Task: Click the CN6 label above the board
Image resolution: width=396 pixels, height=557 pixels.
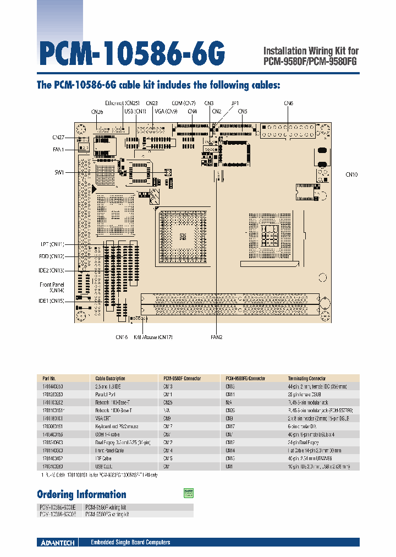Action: coord(289,103)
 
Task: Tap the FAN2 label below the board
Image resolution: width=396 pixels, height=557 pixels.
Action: coord(216,337)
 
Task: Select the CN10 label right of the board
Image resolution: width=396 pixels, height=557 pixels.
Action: coord(351,174)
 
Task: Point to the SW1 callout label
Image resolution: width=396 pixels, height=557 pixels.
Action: coord(59,172)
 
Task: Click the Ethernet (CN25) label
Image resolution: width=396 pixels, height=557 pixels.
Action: coord(123,103)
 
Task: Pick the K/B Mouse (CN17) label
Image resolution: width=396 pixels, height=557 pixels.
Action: coord(153,337)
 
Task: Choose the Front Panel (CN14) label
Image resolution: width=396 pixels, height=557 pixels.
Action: coord(52,287)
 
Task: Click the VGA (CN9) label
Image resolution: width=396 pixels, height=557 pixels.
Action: coord(166,111)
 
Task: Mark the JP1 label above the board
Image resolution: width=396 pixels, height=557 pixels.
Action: coord(235,103)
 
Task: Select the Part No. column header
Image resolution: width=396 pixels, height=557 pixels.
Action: coord(49,379)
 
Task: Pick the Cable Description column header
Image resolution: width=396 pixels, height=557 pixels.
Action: coord(110,379)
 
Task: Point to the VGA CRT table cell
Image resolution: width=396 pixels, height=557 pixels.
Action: coord(104,418)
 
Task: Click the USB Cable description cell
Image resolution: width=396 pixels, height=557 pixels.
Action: coord(105,466)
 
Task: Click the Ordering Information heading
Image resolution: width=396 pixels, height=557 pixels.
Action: coord(81,494)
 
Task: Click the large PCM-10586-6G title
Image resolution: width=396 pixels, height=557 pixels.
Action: coord(132,54)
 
